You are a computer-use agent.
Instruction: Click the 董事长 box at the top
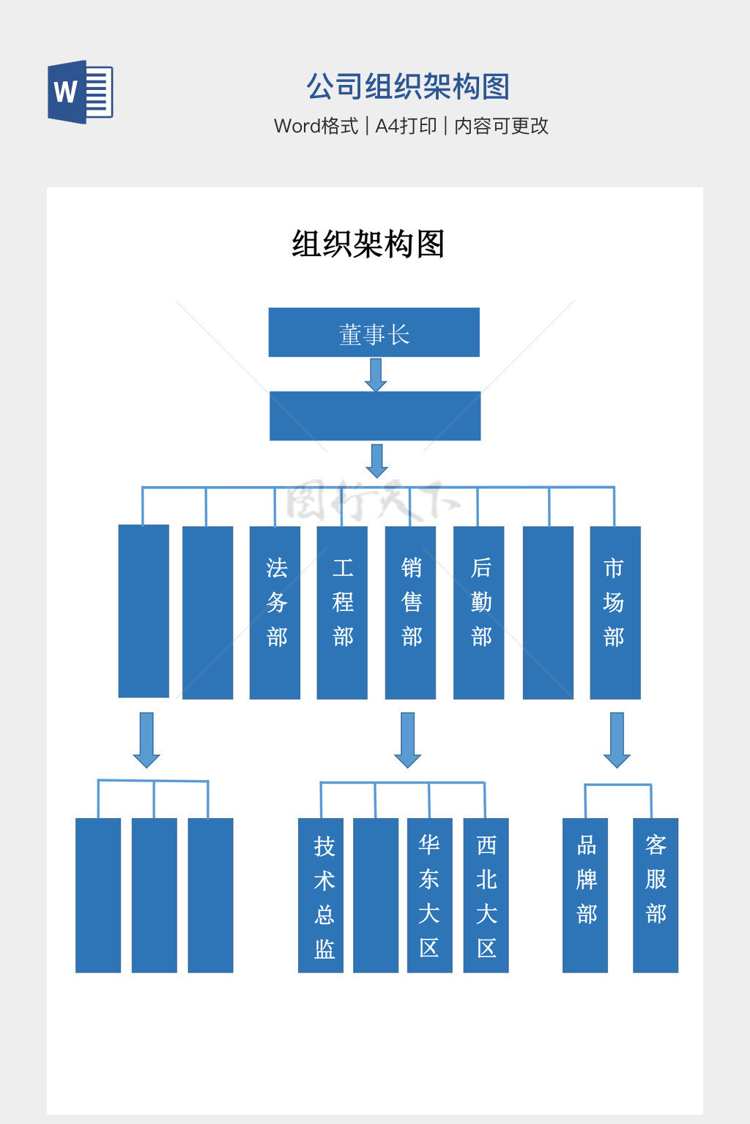(x=374, y=332)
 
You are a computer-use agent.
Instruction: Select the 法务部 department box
(x=275, y=612)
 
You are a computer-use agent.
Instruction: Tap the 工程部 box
(x=342, y=612)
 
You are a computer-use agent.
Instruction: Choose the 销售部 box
(x=410, y=612)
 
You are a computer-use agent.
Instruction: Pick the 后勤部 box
(x=479, y=612)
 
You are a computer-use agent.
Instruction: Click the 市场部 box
(x=615, y=612)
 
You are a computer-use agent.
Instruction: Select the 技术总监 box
(x=321, y=894)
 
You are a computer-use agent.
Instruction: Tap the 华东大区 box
(x=429, y=894)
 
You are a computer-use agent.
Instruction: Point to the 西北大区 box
(x=486, y=894)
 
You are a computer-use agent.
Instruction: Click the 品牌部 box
(x=585, y=894)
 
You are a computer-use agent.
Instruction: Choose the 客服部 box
(x=656, y=894)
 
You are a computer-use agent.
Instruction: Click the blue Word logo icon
(x=80, y=91)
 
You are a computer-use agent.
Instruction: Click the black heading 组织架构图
(x=368, y=244)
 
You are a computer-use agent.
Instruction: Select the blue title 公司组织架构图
(x=407, y=86)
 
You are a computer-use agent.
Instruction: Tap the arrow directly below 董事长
(x=376, y=375)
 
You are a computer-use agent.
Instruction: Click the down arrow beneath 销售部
(x=407, y=739)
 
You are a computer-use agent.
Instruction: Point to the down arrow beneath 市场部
(x=617, y=739)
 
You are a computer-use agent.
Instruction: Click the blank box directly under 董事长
(x=375, y=416)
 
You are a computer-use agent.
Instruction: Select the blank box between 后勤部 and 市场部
(x=548, y=612)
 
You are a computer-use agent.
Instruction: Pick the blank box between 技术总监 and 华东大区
(x=376, y=894)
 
